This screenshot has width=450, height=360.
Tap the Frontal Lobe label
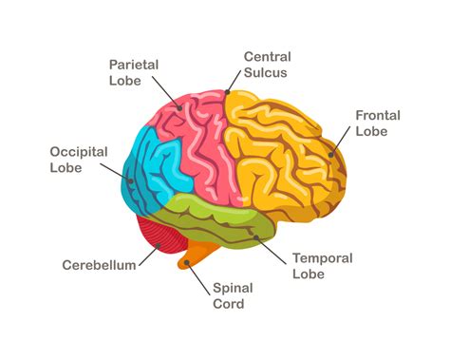coord(378,123)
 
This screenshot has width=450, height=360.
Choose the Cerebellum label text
coord(100,265)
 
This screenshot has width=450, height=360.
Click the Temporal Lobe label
coord(323,266)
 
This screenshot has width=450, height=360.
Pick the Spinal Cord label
coord(229,295)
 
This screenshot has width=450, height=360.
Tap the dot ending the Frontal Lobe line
coord(332,154)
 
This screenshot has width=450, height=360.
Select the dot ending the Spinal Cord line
coord(189,264)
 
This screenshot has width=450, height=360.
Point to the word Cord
coord(229,304)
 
